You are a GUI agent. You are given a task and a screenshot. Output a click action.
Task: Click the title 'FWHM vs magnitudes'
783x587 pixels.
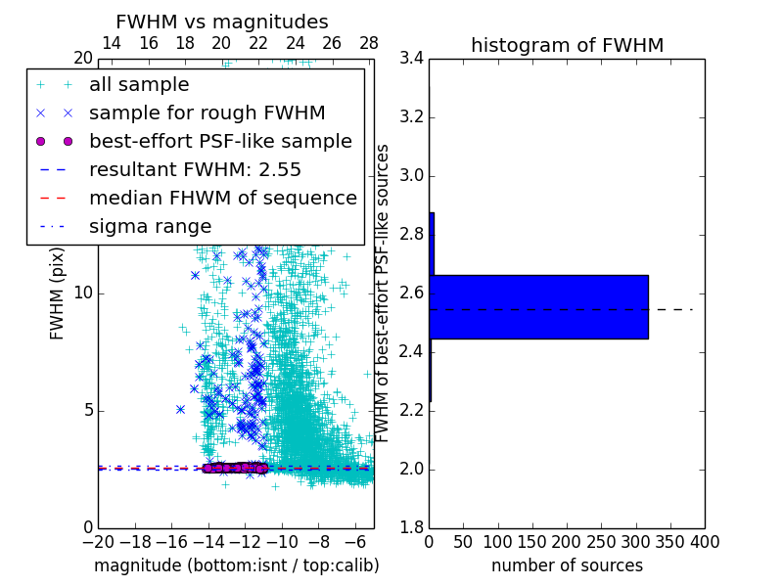pyautogui.click(x=221, y=22)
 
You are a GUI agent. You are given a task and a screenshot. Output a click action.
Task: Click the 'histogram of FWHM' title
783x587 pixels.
pyautogui.click(x=567, y=45)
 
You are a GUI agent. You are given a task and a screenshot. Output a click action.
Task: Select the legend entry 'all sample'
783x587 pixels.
pyautogui.click(x=139, y=85)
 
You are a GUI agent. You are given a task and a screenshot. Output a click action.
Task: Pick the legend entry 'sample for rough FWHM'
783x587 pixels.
pyautogui.click(x=207, y=113)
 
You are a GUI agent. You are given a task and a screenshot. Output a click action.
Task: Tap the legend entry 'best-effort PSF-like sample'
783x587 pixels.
pyautogui.click(x=220, y=141)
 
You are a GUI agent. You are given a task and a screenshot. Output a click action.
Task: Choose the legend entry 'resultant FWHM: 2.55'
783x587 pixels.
pyautogui.click(x=195, y=169)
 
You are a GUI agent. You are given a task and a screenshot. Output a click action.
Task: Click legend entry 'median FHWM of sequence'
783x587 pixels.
pyautogui.click(x=222, y=198)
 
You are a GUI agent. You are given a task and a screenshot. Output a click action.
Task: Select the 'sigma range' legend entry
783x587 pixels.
pyautogui.click(x=150, y=226)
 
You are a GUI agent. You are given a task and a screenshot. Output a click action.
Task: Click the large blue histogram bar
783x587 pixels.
pyautogui.click(x=538, y=306)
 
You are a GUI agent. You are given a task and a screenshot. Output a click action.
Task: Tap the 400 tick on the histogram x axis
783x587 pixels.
pyautogui.click(x=704, y=542)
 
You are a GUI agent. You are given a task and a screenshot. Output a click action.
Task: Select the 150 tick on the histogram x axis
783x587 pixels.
pyautogui.click(x=532, y=542)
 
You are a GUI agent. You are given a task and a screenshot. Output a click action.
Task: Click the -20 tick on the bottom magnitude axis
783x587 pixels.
pyautogui.click(x=98, y=542)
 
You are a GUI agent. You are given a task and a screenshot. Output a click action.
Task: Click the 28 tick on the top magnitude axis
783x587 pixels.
pyautogui.click(x=369, y=43)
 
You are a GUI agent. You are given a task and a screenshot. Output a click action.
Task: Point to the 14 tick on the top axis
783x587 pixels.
pyautogui.click(x=112, y=43)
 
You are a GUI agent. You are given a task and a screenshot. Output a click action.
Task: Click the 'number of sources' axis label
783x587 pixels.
pyautogui.click(x=567, y=565)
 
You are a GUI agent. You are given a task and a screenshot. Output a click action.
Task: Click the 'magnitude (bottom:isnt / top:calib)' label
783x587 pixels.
pyautogui.click(x=236, y=565)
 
